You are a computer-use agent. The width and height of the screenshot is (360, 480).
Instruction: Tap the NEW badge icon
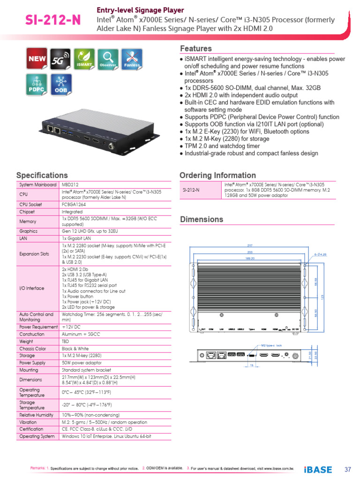pos(37,60)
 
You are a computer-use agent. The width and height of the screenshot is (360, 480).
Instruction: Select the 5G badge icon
pos(60,60)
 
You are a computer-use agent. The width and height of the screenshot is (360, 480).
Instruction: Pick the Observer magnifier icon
pos(108,60)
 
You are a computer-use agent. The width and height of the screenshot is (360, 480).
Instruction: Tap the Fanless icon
pos(131,60)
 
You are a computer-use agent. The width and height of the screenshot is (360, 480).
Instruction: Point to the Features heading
pos(196,49)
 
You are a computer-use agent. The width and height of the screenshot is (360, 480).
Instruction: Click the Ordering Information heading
pos(217,175)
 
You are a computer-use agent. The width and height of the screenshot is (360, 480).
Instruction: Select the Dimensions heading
pos(202,219)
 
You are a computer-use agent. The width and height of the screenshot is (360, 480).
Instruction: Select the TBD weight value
pos(66,342)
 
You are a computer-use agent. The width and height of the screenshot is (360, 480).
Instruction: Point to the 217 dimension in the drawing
pos(250,245)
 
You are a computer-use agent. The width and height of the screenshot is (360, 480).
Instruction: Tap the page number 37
pos(347,469)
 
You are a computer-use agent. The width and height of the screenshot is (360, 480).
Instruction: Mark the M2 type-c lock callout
pos(272,345)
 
